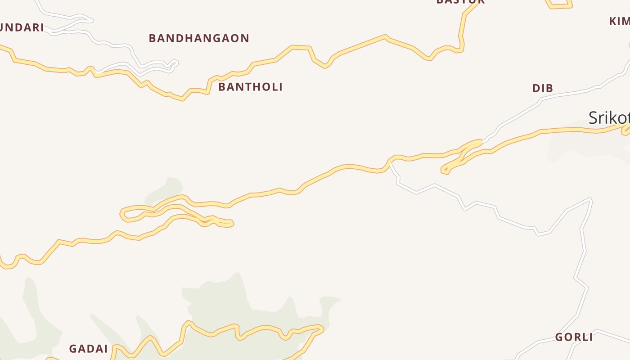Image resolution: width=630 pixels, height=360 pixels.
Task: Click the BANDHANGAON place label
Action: pos(199,38)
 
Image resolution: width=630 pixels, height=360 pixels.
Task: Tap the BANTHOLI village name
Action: pos(250,87)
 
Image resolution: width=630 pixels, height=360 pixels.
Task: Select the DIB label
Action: pos(543,88)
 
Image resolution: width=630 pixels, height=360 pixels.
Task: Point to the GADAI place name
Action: pos(88,349)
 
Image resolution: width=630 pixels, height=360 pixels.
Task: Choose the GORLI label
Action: pos(574,337)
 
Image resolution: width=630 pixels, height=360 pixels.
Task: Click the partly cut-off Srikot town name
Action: pos(609,118)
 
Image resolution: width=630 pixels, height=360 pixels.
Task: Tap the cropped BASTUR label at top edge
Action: pos(460,2)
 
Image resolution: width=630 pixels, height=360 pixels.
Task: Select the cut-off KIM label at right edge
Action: pos(620,21)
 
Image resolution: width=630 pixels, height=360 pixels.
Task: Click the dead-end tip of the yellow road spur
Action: pos(231,223)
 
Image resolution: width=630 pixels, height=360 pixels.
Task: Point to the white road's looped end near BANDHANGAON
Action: pos(175,63)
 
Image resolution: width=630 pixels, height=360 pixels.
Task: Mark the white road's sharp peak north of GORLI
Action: pos(590,199)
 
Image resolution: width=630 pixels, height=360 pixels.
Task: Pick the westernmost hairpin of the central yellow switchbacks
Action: pos(122,214)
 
